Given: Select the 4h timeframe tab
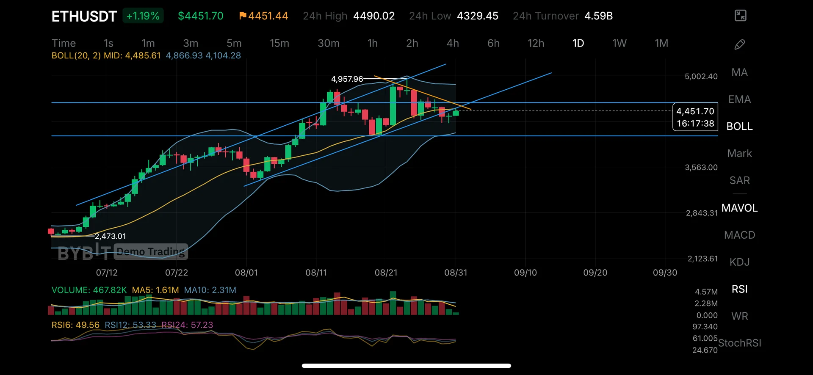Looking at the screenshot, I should point(453,43).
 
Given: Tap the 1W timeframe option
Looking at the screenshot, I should point(619,43).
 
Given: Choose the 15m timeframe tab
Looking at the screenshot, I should point(279,43).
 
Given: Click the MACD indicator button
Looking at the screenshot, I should point(739,235).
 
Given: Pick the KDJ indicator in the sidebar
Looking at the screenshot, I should point(739,262).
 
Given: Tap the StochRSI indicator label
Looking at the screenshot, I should point(739,343).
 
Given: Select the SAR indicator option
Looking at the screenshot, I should point(739,180).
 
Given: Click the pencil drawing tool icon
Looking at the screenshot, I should point(739,44).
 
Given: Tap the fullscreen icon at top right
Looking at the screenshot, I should point(740,16).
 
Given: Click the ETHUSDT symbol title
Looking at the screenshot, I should point(84,17).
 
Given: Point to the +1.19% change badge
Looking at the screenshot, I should point(143,16).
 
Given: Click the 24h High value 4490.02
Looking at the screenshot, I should point(374,16).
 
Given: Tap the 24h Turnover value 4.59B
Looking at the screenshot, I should point(598,16).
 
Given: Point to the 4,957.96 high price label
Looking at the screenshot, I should point(347,79).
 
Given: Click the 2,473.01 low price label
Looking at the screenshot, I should point(110,236).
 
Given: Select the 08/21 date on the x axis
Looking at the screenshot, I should point(386,273).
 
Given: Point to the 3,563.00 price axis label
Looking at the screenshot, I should point(701,168).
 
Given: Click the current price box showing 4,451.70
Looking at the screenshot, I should point(695,117).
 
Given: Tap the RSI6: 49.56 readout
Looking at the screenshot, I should point(75,325).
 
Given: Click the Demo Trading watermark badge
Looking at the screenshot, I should point(151,252).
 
